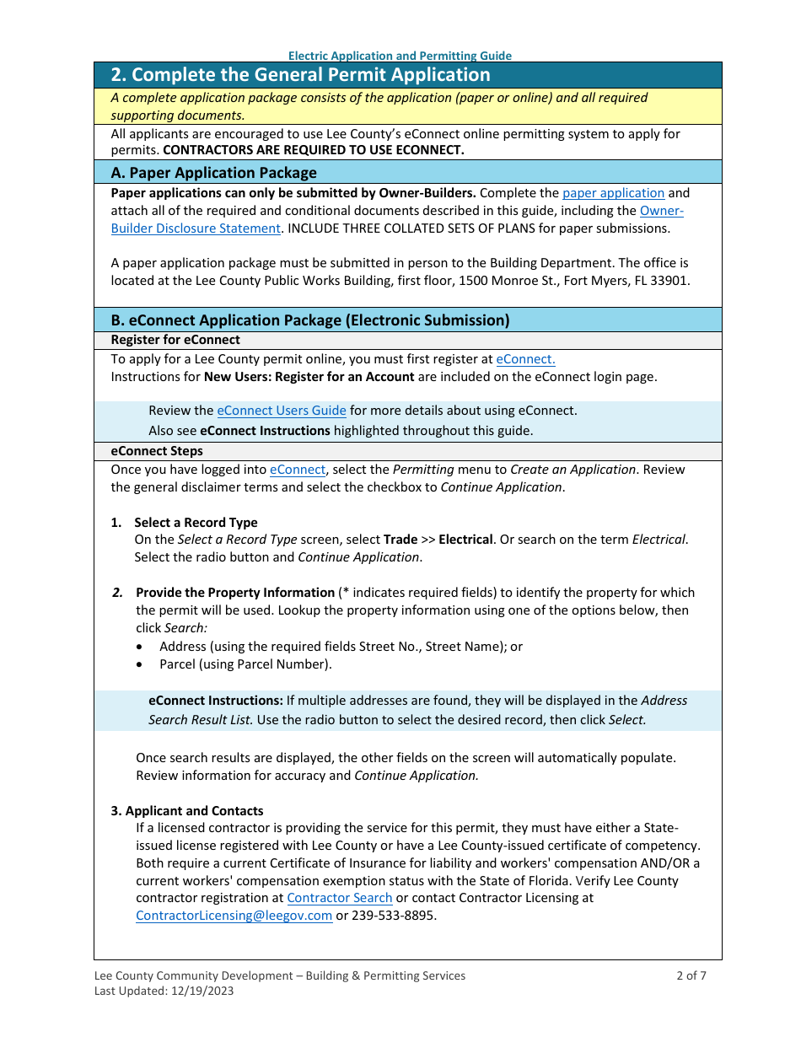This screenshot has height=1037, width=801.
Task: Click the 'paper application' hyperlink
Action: tap(613, 193)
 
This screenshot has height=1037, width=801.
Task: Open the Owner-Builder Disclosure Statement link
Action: tap(196, 228)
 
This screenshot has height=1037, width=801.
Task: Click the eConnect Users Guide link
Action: tap(282, 411)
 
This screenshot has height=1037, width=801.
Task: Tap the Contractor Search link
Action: tap(340, 898)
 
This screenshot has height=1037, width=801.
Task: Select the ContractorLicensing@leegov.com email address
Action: tap(234, 916)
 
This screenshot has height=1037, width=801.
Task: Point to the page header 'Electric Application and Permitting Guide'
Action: tap(400, 56)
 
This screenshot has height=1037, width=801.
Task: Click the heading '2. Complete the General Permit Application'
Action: tap(300, 75)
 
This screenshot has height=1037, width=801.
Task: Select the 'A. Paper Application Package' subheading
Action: tap(214, 173)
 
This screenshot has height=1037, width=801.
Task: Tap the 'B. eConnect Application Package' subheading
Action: tap(310, 320)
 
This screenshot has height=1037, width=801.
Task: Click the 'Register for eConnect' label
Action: tap(175, 340)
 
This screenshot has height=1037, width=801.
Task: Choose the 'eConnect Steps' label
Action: tap(157, 451)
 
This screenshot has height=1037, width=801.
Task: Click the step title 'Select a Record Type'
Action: tap(196, 523)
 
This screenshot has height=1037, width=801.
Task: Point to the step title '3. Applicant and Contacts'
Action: tap(187, 811)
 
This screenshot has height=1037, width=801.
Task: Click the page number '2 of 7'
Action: tap(691, 975)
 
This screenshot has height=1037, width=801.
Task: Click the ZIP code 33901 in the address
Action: tap(671, 281)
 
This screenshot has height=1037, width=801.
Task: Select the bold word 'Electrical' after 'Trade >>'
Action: tap(465, 540)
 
